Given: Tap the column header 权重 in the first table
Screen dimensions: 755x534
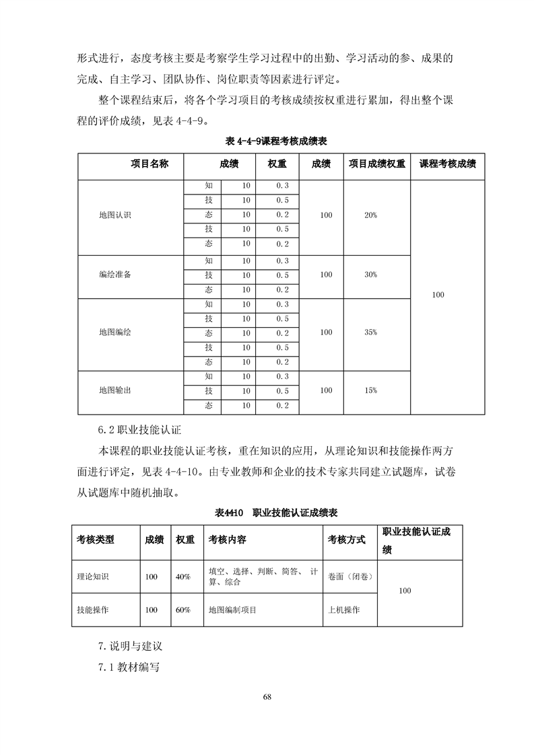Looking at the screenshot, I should (277, 164).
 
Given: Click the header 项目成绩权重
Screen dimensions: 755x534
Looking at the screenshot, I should (377, 164).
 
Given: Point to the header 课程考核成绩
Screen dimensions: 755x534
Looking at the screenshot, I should (448, 164).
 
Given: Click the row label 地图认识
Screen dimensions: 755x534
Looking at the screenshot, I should (114, 215).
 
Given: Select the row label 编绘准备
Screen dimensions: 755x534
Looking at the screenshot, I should (114, 275).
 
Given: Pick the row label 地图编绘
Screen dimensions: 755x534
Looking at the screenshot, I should (114, 332).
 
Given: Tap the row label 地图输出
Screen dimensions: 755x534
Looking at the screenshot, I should (114, 390).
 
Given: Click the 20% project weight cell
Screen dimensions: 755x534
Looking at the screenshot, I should (370, 215).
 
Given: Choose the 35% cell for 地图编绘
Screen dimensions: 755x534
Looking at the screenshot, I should (370, 332).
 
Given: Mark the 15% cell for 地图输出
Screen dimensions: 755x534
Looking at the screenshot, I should (370, 390).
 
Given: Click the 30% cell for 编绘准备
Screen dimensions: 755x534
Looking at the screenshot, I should (370, 275).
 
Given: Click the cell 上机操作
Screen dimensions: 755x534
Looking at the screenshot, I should (343, 610).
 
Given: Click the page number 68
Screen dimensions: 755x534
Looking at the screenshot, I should (267, 696).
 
